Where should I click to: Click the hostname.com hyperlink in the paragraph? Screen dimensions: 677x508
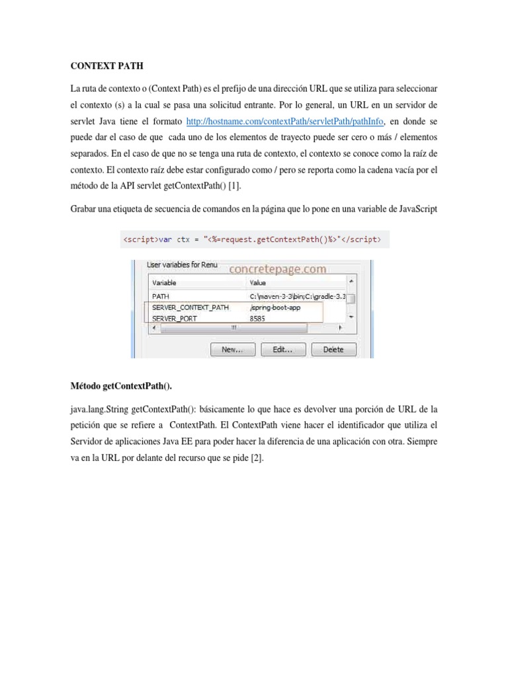pos(284,121)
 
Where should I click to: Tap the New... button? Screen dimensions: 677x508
pos(232,349)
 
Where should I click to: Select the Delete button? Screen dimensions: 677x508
pos(333,349)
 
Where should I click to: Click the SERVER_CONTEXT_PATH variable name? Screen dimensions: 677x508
pos(190,307)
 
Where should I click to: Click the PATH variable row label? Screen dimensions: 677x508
pos(161,296)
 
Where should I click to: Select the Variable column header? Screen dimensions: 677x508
pos(165,283)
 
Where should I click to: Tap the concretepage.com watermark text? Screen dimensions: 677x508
pos(277,269)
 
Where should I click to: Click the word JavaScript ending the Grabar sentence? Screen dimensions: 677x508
pos(414,209)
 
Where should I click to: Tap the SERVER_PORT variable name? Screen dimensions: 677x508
pos(175,319)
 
